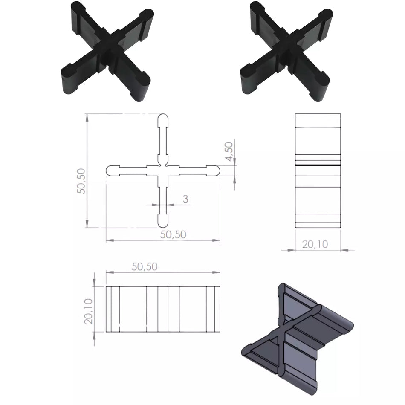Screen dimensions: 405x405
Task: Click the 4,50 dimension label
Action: [229, 151]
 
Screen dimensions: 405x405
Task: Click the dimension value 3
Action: [185, 199]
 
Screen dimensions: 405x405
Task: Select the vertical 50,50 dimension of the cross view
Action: [81, 181]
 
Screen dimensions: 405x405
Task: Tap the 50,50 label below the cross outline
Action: [173, 234]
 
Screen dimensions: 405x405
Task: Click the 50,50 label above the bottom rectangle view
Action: [145, 267]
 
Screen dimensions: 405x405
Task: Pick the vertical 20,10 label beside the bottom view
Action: [89, 311]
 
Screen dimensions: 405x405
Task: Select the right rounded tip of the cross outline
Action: [215, 171]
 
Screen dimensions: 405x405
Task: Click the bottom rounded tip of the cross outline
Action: [163, 222]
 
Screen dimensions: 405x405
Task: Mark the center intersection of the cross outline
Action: [163, 171]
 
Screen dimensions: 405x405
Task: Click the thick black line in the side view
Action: [318, 164]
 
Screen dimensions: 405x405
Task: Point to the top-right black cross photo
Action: [286, 51]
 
